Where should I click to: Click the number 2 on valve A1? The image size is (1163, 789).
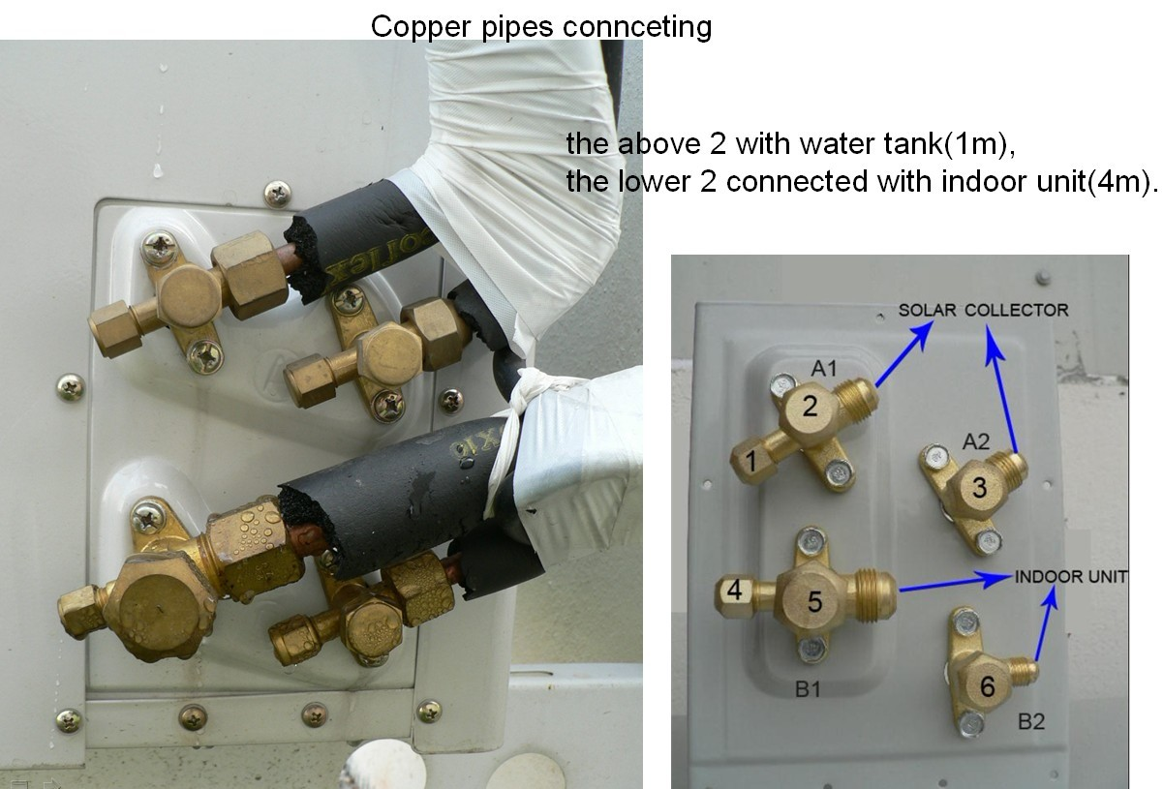[810, 407]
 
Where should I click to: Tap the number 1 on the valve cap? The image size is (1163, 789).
[749, 464]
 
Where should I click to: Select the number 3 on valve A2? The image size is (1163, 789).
[979, 488]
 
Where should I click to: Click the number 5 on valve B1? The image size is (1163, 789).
[814, 601]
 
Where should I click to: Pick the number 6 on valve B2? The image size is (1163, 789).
[987, 686]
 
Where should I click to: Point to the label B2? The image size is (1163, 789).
[1030, 721]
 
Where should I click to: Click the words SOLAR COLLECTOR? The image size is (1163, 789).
[983, 310]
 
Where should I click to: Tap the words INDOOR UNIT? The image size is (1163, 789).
[1071, 577]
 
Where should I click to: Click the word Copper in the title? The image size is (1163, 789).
[413, 26]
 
